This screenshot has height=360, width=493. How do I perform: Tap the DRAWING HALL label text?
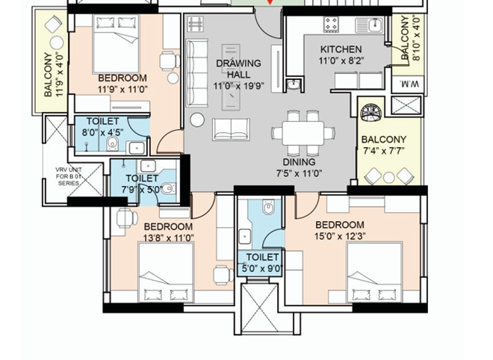point(238,69)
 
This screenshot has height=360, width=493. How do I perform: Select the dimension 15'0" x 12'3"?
point(340,236)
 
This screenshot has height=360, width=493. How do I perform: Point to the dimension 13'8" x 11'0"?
point(169,238)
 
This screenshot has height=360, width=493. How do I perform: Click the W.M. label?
point(409,84)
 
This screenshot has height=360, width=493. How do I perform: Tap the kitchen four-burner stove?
point(331,25)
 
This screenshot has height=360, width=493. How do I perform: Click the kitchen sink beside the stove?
point(369,25)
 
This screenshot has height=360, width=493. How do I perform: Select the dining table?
point(303,133)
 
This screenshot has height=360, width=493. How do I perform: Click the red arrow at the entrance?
point(270,2)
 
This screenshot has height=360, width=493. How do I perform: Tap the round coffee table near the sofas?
point(197,120)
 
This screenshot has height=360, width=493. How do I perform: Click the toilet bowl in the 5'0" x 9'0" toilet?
point(268,207)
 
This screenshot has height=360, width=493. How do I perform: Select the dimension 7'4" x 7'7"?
point(384,151)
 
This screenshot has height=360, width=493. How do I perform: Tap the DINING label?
point(299,162)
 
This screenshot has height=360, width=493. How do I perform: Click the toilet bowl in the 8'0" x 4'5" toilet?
point(112,143)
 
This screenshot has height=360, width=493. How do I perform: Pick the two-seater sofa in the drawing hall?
point(232,129)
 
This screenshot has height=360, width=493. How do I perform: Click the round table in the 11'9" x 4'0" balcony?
point(57,43)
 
